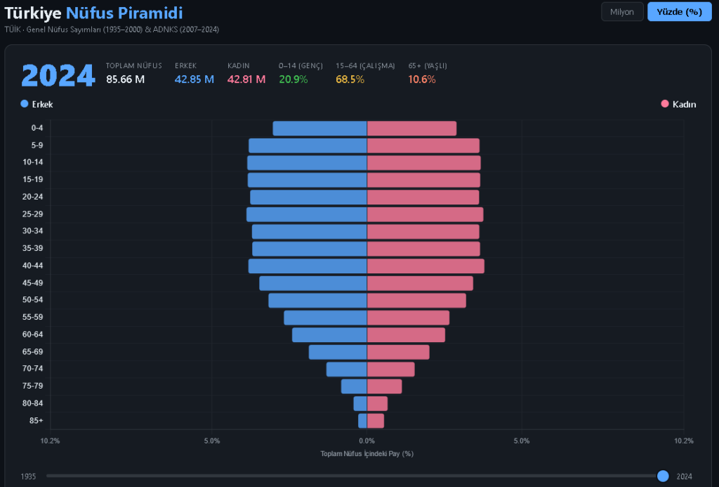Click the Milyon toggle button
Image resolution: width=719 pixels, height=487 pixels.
(x=622, y=12)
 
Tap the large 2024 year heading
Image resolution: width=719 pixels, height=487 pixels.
(x=58, y=76)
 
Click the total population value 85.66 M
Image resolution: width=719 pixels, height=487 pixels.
(x=125, y=79)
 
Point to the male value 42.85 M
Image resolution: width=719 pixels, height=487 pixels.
(x=194, y=79)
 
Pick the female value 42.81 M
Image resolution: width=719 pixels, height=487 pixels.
(x=246, y=79)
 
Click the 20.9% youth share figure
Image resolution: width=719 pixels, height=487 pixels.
(x=293, y=79)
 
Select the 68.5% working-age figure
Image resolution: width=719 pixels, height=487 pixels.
(x=350, y=79)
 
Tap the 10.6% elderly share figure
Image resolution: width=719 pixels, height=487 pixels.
(x=422, y=79)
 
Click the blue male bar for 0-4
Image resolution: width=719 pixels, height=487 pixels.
(x=319, y=129)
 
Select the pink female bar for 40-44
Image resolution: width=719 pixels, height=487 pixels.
(x=426, y=266)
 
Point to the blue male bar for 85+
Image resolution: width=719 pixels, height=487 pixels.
(x=362, y=421)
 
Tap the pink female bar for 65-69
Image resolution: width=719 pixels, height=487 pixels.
(x=398, y=352)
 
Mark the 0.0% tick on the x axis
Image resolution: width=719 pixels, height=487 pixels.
(x=367, y=441)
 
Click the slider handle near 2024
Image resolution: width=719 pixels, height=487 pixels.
(x=663, y=476)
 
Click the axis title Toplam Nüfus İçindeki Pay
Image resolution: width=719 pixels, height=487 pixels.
(x=367, y=454)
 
